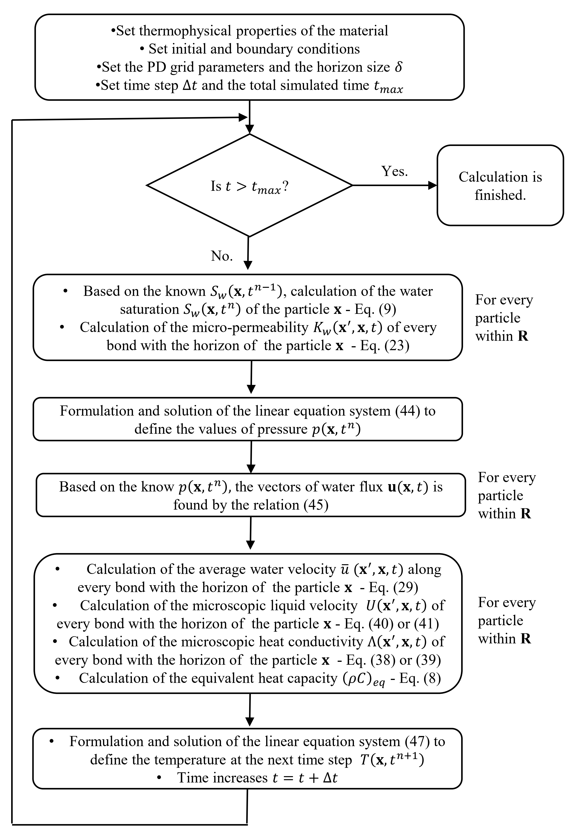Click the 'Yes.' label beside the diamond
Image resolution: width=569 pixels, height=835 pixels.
tap(394, 171)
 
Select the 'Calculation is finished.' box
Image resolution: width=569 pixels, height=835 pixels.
tap(500, 185)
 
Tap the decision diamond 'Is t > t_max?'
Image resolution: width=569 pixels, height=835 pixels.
tap(250, 185)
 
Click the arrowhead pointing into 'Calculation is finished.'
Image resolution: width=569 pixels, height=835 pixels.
tap(433, 185)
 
